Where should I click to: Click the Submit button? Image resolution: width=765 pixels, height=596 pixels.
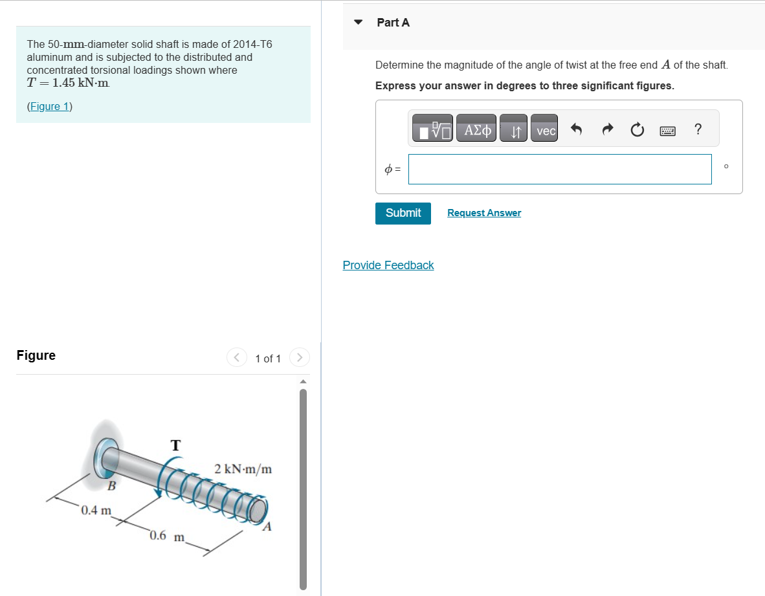tap(403, 213)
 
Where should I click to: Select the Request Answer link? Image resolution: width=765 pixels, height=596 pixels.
tap(483, 213)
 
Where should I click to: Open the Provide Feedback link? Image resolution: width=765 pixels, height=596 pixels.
tap(388, 265)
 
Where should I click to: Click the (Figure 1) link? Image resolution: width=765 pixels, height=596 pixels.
tap(49, 106)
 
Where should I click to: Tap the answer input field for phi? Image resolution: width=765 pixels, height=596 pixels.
tap(559, 169)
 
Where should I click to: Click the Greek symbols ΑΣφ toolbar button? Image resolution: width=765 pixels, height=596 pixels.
tap(476, 131)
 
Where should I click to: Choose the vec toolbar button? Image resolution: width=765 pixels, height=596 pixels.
tap(546, 131)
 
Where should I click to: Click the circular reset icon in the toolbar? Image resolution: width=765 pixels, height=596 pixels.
tap(637, 131)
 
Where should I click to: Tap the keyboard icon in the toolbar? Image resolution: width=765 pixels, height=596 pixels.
tap(667, 131)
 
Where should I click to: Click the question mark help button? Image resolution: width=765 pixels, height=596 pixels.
tap(697, 129)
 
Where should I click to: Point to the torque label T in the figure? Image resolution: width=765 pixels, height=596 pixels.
tap(175, 445)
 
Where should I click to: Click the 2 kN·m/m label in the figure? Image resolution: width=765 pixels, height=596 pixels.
tap(243, 469)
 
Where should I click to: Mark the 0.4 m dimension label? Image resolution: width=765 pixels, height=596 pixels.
tap(96, 510)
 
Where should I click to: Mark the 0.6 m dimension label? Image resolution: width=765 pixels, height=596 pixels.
tap(167, 536)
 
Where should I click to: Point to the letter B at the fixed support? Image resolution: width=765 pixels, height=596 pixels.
tap(111, 485)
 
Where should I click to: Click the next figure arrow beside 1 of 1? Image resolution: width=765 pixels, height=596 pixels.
tap(299, 357)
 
